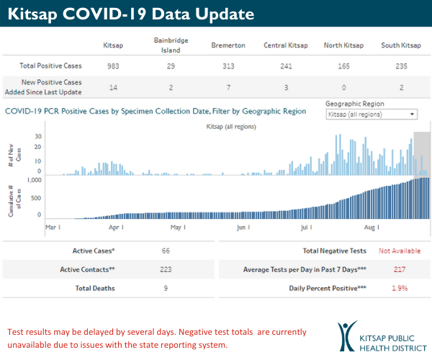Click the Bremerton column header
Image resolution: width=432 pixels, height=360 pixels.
228,45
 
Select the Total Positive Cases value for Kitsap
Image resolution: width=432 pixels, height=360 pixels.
114,66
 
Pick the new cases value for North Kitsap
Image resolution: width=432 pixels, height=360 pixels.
343,86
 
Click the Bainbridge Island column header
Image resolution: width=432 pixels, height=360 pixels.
171,45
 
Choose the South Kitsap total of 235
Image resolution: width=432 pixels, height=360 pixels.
400,66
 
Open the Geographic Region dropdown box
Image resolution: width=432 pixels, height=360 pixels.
371,114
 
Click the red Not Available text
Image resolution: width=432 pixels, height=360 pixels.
400,251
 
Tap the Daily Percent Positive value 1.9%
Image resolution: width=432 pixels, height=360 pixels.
400,288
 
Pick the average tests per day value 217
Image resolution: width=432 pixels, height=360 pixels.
400,269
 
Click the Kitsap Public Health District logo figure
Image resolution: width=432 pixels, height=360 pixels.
347,335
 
